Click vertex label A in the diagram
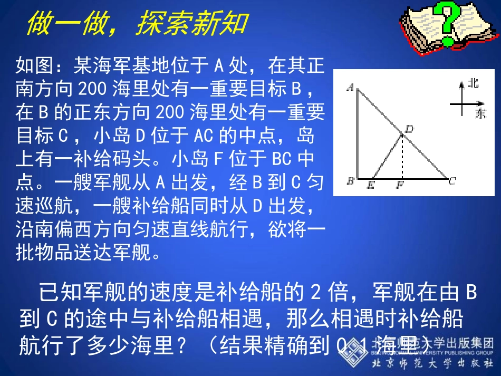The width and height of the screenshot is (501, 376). [x=349, y=88]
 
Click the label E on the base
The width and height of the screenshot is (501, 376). [x=371, y=185]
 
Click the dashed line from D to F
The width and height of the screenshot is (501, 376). [x=402, y=158]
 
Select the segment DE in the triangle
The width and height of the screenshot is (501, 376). [x=387, y=157]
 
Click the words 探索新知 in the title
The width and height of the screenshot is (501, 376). [x=191, y=24]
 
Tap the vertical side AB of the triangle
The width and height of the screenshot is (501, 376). [x=358, y=134]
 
